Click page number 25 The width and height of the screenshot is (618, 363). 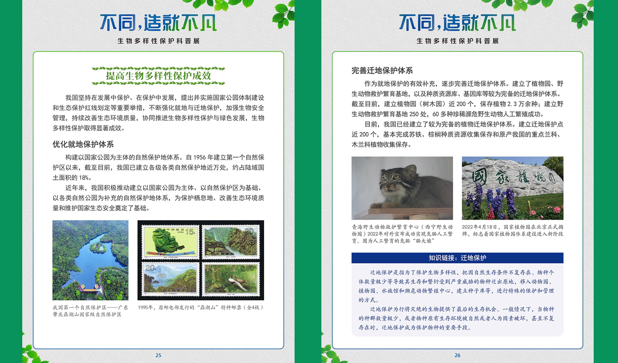coord(158,355)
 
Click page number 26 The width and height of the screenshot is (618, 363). coord(457,355)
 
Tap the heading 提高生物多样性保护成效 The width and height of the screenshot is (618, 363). coord(158,75)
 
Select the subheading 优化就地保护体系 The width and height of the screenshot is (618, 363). coord(83,144)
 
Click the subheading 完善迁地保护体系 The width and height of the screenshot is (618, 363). coord(382,70)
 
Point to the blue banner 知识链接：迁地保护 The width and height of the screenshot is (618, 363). coord(457,258)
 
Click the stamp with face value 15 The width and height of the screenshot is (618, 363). coord(170,242)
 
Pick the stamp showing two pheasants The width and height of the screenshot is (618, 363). coord(231,279)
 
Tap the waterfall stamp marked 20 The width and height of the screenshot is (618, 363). coord(231,242)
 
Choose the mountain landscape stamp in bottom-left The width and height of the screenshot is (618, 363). coord(170,279)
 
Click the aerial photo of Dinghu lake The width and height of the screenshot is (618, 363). coord(91,260)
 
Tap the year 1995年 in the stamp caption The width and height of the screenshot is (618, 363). coord(145,307)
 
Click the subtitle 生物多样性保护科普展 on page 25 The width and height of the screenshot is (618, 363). coord(158,41)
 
